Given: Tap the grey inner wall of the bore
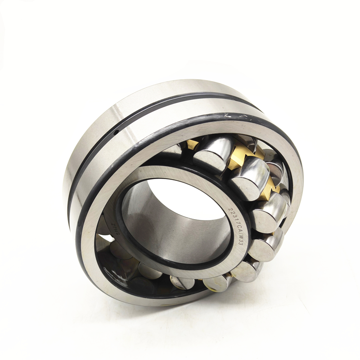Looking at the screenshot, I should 148,225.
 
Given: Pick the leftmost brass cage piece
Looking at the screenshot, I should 193,144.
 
